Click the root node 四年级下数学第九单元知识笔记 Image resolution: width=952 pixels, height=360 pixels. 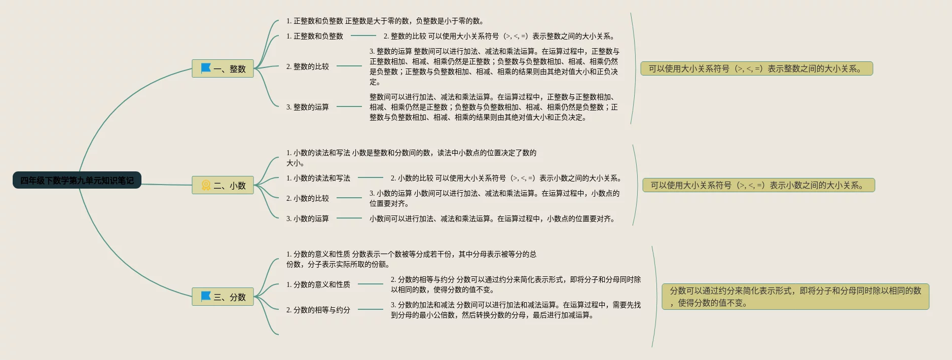77,180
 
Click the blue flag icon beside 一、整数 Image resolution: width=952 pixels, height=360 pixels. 206,68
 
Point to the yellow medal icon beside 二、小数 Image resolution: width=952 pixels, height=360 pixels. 206,185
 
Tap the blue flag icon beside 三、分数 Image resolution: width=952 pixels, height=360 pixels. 206,296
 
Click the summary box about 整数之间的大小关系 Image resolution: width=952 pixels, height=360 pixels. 756,68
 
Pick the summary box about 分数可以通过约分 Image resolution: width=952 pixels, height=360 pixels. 795,297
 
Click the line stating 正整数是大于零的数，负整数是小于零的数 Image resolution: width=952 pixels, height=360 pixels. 385,21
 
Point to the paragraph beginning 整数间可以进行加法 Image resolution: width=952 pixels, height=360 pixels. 493,107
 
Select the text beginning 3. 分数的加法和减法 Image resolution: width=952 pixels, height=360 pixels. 515,310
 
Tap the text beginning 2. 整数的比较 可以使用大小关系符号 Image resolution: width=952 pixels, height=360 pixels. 499,36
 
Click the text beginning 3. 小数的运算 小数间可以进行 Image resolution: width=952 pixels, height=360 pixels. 494,198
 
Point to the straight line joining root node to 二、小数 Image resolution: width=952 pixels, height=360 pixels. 166,184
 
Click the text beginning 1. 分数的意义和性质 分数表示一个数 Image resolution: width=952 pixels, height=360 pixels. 411,259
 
